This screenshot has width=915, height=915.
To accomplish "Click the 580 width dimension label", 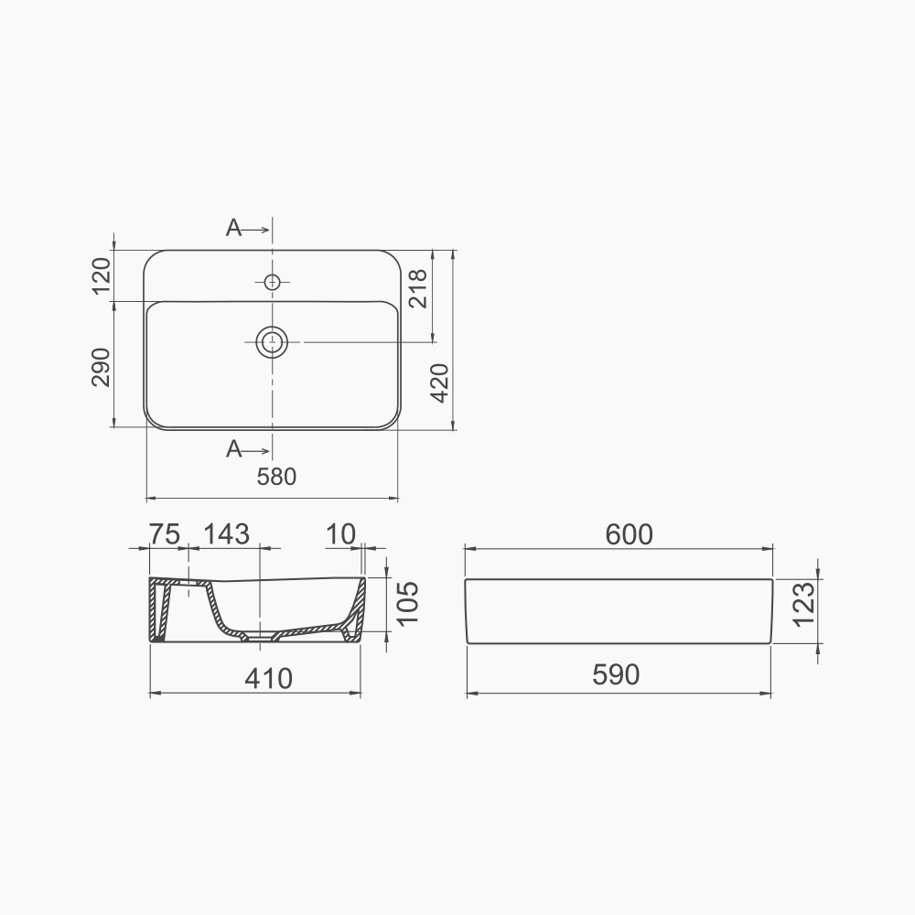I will tap(277, 477).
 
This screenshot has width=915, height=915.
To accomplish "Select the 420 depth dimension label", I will tap(439, 382).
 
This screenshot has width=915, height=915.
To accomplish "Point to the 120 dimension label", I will tap(101, 275).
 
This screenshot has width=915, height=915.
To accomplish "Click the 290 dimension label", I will tap(101, 367).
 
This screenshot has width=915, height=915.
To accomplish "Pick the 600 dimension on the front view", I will tap(629, 534).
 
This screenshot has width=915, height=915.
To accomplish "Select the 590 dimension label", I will tap(615, 674).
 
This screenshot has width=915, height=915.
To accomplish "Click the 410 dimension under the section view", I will tap(268, 678).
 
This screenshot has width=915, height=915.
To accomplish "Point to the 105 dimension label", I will tap(407, 603).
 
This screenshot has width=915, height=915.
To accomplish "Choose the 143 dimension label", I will tap(225, 534).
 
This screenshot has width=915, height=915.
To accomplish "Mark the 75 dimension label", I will tap(165, 534).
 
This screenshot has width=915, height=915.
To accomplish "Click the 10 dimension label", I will tap(340, 534).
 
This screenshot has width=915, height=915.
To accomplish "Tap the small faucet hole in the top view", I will tap(272, 282).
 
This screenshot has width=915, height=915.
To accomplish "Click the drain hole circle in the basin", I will tap(272, 342).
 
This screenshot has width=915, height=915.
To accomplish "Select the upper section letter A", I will tap(234, 229).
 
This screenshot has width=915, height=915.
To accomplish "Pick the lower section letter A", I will tap(234, 448).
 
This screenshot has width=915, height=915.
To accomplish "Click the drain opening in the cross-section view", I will tap(261, 634).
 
